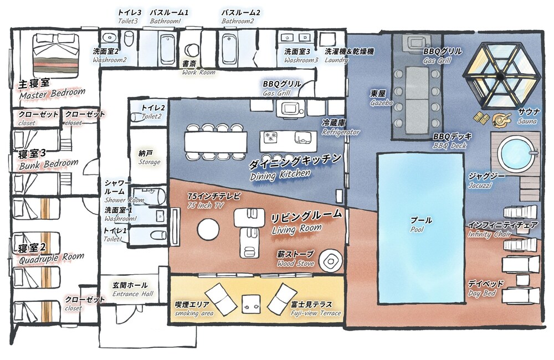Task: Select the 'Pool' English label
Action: point(417,230)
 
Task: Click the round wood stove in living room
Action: point(330,261)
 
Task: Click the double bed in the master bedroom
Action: point(56,56)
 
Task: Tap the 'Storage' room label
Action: point(149,162)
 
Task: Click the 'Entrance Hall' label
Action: point(133,294)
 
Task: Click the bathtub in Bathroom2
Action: point(229,49)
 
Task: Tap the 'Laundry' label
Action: point(336,60)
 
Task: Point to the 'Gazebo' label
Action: point(382,103)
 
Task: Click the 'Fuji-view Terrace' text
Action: point(316,313)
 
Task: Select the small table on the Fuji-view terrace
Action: point(252,304)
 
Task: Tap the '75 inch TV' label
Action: point(206,205)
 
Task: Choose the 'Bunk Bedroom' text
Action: point(49,164)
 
